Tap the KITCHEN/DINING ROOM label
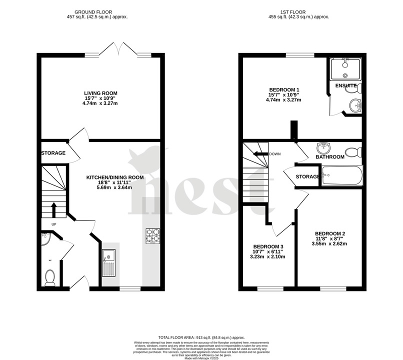click(x=115, y=177)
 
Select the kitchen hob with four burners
click(x=152, y=235)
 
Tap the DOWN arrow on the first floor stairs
click(x=260, y=154)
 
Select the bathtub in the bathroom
click(x=341, y=176)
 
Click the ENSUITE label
click(x=345, y=86)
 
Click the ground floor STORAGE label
click(x=53, y=153)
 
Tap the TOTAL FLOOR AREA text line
click(x=201, y=337)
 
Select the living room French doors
click(x=118, y=49)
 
